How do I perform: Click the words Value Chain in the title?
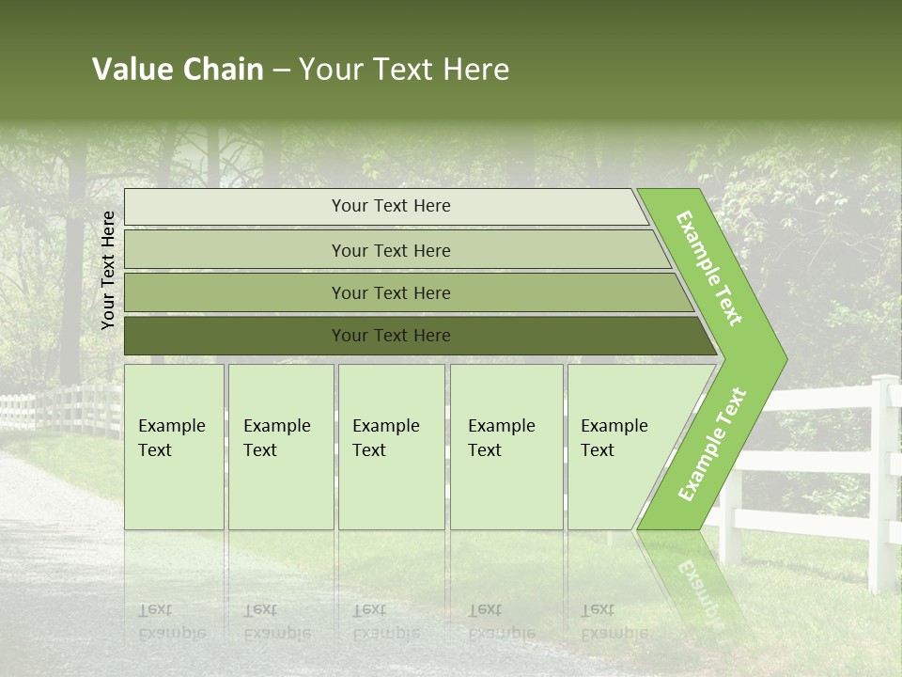[x=178, y=70]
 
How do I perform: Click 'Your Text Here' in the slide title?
[x=404, y=70]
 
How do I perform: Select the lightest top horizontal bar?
[x=390, y=206]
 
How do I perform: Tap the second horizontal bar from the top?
[x=390, y=250]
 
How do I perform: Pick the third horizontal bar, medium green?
[x=390, y=292]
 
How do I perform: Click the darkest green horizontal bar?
[x=390, y=336]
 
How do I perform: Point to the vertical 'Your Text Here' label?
[x=108, y=270]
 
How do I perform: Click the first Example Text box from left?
[x=174, y=447]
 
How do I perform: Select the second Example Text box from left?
[x=280, y=447]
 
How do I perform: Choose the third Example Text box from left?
[x=390, y=447]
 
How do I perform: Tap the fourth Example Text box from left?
[x=505, y=447]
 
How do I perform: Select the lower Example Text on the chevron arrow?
[x=711, y=444]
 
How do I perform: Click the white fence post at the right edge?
[x=883, y=480]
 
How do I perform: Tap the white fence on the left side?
[x=56, y=409]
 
